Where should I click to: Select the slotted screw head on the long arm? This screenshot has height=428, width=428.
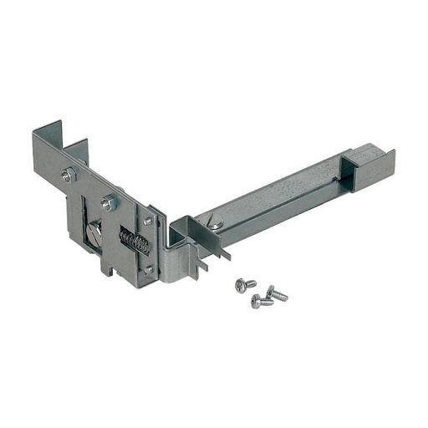coord(216,222)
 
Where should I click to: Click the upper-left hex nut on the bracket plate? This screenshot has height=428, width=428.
coord(68,176)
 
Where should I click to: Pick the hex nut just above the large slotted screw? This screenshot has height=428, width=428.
coord(109,202)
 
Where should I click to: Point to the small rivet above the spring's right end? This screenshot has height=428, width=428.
coord(147,221)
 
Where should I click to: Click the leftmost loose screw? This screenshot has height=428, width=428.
coord(245,284)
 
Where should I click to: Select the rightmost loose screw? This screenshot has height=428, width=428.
coord(276,293)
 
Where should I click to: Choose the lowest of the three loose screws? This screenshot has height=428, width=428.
coord(260,301)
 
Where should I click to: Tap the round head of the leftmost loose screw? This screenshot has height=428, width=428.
coord(241,285)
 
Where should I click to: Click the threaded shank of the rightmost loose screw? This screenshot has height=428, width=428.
coord(280,295)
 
